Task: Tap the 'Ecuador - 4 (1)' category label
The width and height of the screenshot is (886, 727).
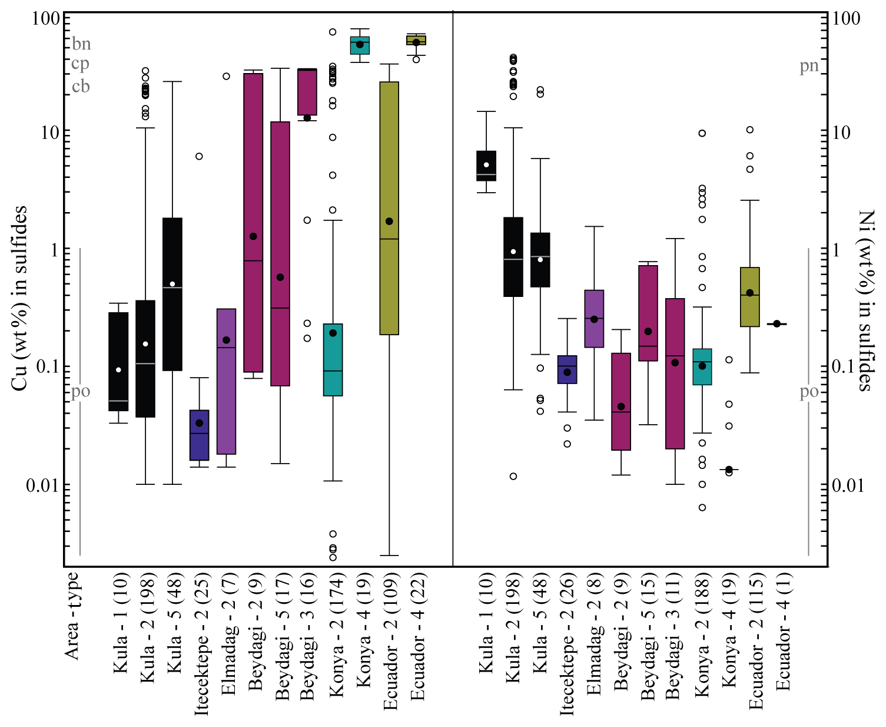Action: coord(783,632)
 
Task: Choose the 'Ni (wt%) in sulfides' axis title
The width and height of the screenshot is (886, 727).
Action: coord(866,300)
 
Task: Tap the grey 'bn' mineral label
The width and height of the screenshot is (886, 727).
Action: coord(81,44)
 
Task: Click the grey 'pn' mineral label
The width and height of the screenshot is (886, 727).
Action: coord(809,66)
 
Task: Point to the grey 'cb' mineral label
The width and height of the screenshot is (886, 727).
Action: coord(81,87)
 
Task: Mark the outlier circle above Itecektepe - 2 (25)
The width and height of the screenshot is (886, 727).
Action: coord(199,156)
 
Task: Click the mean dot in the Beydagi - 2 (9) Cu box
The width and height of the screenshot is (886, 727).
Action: coord(253,236)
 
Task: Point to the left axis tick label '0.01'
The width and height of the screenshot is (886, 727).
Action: coord(42,485)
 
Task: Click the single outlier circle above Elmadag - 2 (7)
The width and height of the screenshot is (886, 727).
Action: coord(226,76)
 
